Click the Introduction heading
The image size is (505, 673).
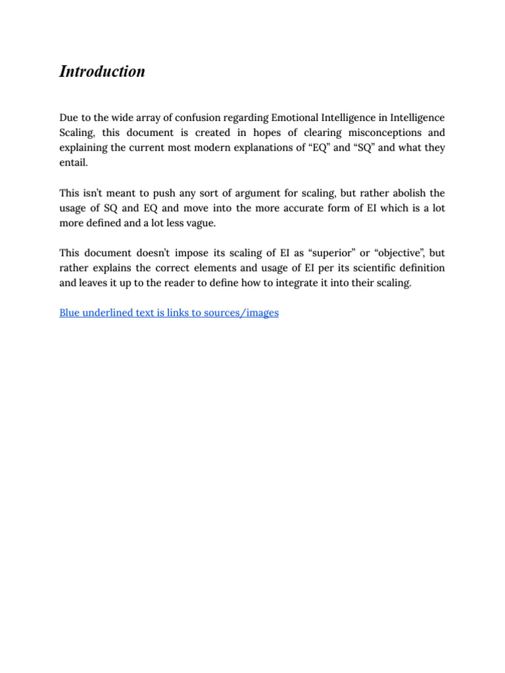pos(102,72)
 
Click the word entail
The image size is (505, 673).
pos(73,162)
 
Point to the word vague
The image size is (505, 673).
pos(200,223)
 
